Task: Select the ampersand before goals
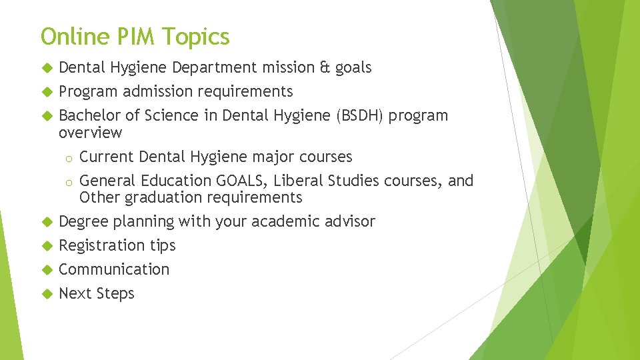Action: pos(325,67)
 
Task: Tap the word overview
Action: pos(91,133)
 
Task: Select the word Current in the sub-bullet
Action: pos(106,157)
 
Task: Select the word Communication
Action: pos(114,269)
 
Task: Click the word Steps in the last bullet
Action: pos(115,294)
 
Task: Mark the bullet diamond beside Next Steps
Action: pos(47,294)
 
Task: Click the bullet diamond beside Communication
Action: pos(47,270)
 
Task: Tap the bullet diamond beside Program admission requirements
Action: pos(47,92)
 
